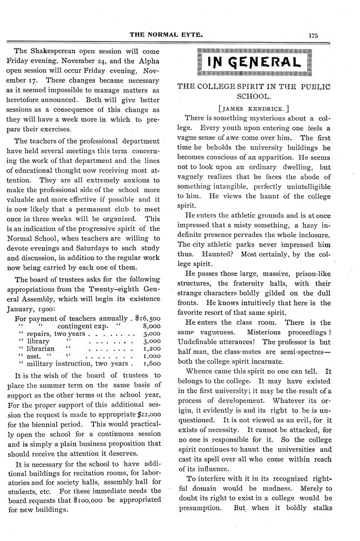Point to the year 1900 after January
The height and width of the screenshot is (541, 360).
[x=58, y=310]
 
